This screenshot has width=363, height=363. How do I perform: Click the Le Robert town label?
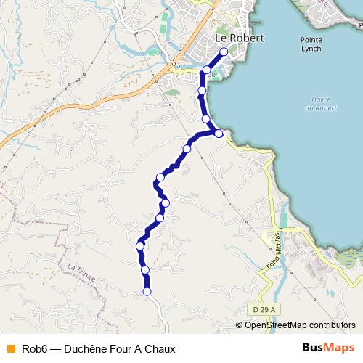[x=240, y=38]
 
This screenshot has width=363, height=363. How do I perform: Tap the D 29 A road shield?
[x=266, y=310]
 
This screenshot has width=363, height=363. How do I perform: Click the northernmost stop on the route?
[x=224, y=52]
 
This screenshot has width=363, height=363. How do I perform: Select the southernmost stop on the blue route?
[x=147, y=292]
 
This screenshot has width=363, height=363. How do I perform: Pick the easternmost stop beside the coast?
[x=219, y=133]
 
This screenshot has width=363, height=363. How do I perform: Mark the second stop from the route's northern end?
[x=207, y=70]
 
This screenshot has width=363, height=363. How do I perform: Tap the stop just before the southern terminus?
[x=145, y=270]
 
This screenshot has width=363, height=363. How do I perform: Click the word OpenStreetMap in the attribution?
[x=274, y=326]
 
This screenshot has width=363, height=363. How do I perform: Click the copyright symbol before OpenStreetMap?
[x=240, y=326]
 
